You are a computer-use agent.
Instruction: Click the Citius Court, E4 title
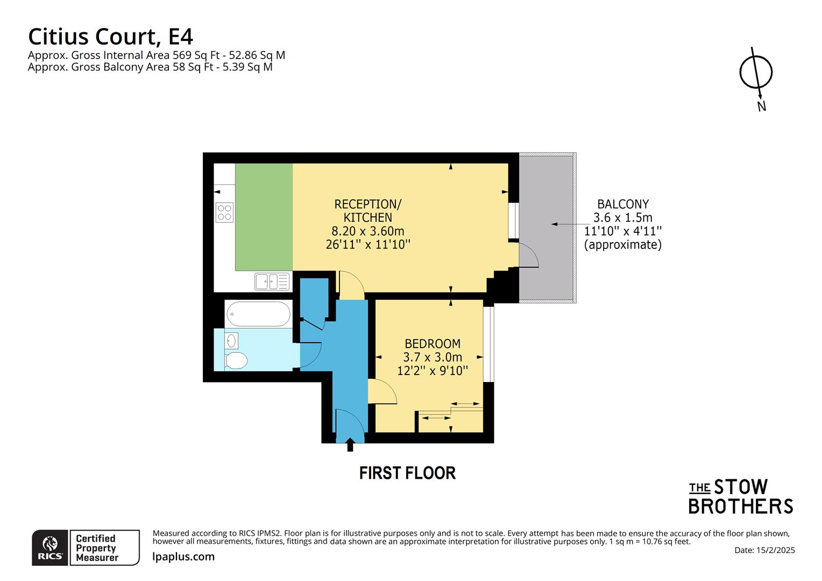110,37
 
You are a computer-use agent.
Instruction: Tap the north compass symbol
756,73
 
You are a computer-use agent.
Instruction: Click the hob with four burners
224,212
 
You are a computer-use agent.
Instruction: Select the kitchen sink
272,281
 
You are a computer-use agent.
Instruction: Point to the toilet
235,360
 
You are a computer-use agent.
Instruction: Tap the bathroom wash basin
231,341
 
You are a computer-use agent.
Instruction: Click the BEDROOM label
432,343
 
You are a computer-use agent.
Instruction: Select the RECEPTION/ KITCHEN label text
368,211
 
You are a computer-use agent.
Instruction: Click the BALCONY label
623,204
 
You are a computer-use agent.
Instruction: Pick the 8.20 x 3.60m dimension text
368,231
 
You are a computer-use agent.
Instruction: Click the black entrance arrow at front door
350,444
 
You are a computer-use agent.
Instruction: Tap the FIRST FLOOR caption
407,473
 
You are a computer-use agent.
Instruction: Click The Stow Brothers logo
741,497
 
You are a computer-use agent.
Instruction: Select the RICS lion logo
51,547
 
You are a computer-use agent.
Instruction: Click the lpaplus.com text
183,557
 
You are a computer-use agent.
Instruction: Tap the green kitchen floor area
264,215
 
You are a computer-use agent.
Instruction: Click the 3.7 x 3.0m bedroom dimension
432,357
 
